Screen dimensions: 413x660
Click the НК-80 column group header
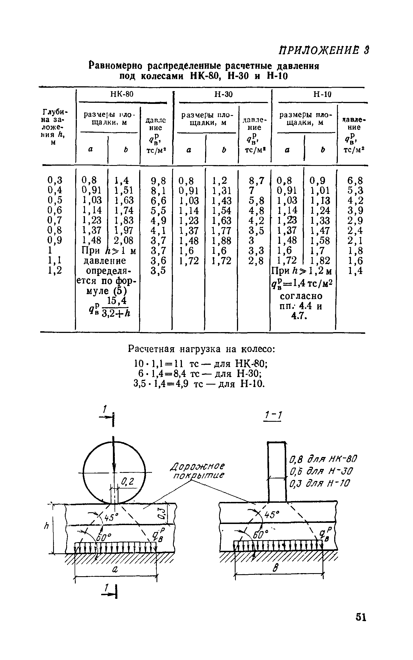(x=122, y=94)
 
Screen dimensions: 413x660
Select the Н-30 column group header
(x=223, y=94)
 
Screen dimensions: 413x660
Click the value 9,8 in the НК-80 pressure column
(x=158, y=180)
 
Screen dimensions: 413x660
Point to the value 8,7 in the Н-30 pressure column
(x=256, y=180)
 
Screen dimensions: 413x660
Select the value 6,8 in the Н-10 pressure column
(x=355, y=180)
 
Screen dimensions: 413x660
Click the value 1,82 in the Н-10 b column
(x=320, y=260)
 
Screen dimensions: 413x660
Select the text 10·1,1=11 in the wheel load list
(x=158, y=364)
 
